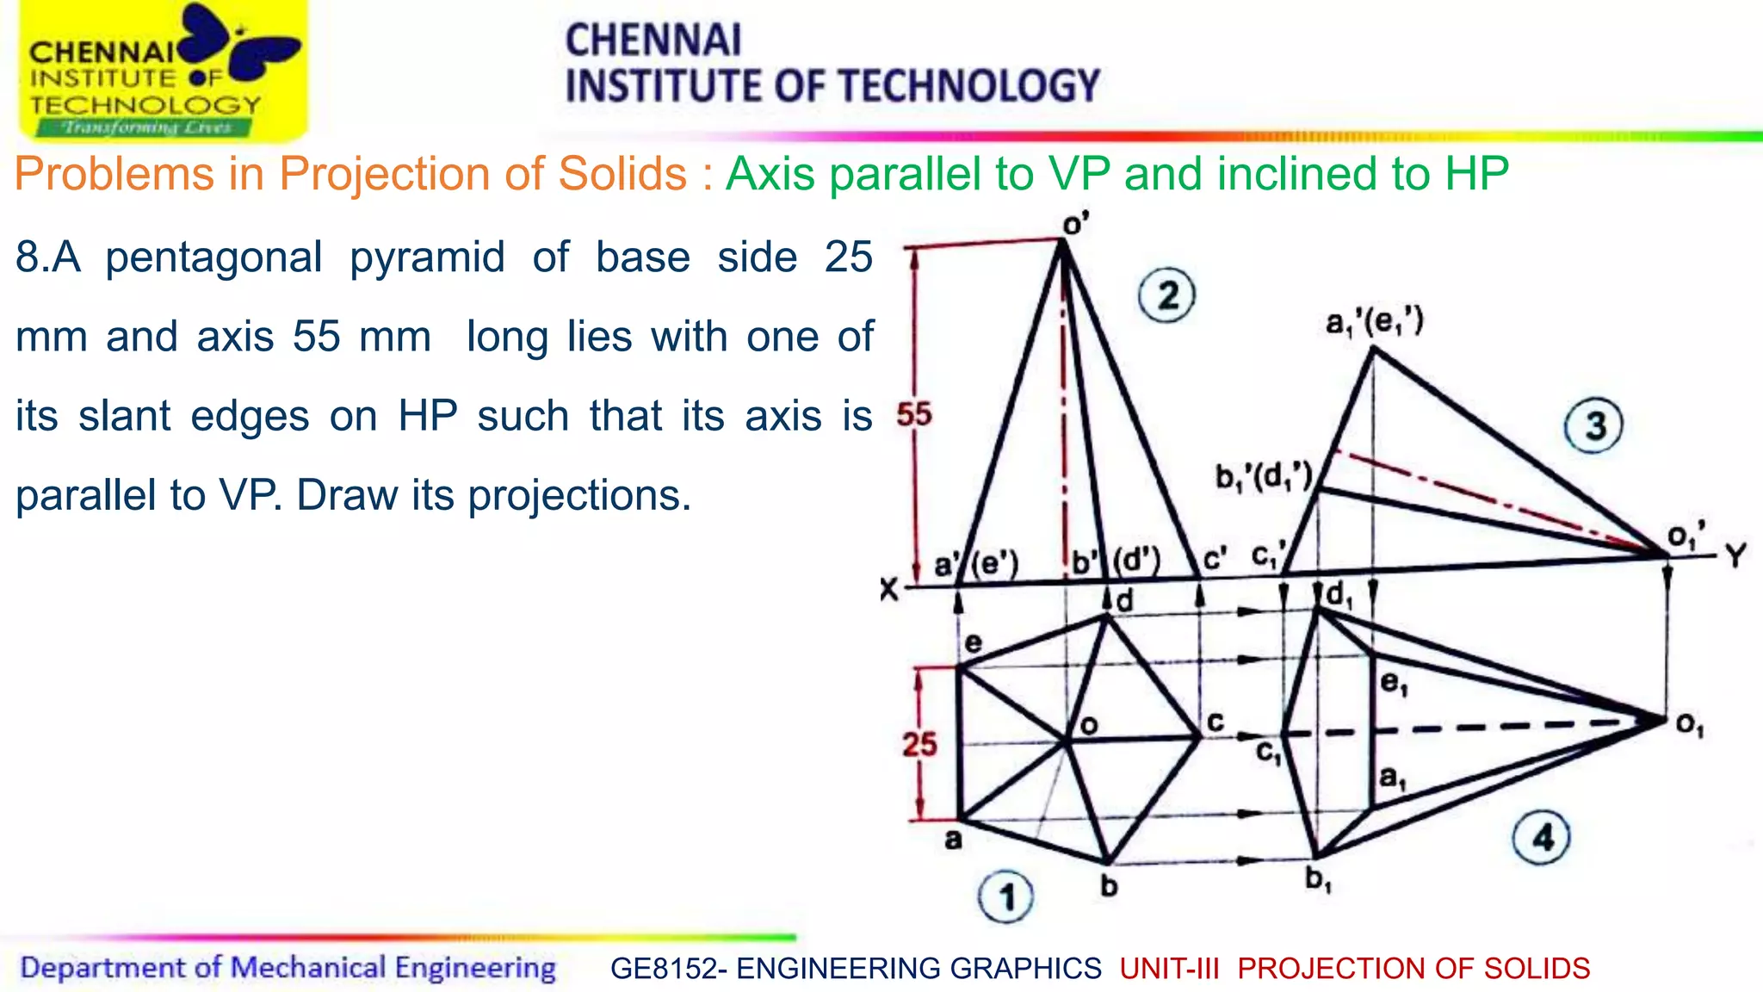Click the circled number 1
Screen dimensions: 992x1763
1006,897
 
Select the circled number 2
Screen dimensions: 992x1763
1166,296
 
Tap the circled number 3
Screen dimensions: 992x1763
1593,425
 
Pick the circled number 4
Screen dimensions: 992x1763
1542,837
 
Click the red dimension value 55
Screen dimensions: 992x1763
914,415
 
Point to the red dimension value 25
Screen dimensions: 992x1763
919,744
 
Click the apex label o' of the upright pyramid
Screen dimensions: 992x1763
1075,224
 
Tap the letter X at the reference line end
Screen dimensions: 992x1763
889,590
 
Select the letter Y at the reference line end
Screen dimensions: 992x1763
1735,555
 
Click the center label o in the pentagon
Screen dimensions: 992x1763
1089,725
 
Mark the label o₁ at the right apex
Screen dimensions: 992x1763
1690,725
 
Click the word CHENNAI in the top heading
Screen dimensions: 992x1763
653,40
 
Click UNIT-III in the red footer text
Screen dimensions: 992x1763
1169,969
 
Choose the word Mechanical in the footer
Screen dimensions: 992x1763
308,968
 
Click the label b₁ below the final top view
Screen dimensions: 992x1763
1318,879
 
